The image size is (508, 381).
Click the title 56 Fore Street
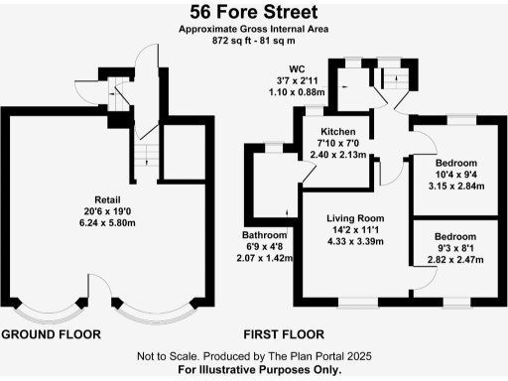[x=254, y=12]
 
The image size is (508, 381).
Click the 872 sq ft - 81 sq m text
[x=254, y=42]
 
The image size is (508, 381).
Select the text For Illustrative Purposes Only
[x=254, y=369]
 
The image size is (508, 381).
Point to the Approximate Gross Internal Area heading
[x=254, y=30]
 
